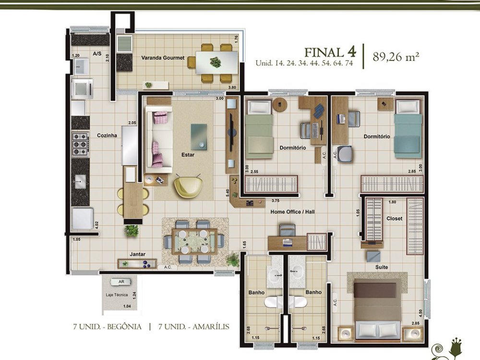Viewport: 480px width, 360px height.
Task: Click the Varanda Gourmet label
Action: tap(163, 58)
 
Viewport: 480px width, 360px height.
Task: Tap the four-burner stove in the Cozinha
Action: tap(81, 144)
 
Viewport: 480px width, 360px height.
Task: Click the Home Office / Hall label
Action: tap(292, 212)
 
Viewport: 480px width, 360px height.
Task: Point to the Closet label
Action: tap(394, 218)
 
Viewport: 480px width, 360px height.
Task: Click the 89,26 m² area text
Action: tap(396, 57)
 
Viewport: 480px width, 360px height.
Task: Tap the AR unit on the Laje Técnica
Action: tap(121, 282)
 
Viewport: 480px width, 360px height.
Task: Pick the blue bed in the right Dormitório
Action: tap(408, 129)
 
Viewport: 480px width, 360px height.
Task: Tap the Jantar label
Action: tap(137, 254)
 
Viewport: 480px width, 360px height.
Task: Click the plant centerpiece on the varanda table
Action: tap(216, 62)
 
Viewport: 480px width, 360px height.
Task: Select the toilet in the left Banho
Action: tap(273, 302)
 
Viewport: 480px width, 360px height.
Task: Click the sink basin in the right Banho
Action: tap(296, 271)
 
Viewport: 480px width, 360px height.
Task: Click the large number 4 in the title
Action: tap(351, 51)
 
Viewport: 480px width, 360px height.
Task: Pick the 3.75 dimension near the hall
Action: tap(276, 201)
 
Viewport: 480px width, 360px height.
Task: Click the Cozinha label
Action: tap(107, 135)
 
